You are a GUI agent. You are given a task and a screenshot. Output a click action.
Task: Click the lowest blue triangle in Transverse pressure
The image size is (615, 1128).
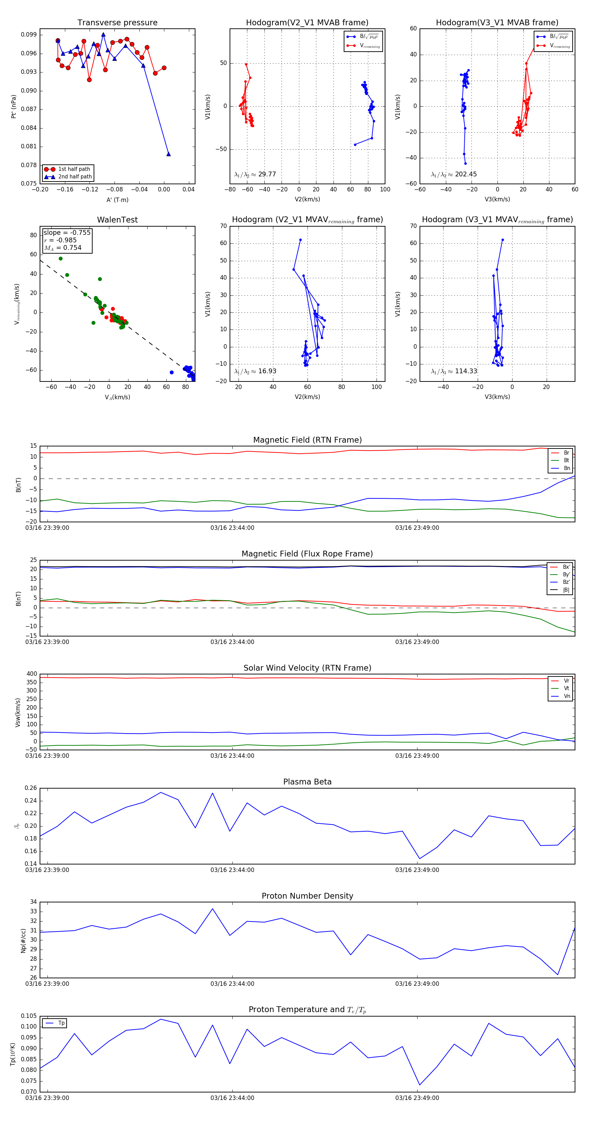point(168,154)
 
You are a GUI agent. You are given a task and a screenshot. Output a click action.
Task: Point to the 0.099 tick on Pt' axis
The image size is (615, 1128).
point(29,35)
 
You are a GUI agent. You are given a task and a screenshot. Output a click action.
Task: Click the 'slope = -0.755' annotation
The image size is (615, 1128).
point(67,232)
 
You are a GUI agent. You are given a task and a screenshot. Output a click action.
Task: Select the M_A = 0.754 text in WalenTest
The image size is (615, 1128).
point(63,248)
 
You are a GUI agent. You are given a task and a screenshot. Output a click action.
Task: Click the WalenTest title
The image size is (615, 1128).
point(117,220)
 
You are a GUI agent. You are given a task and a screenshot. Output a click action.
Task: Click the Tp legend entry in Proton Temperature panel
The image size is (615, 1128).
point(61,1023)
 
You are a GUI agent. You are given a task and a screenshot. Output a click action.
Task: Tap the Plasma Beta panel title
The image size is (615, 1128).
point(307,782)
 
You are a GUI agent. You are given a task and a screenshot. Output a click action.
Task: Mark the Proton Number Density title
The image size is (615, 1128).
point(307,896)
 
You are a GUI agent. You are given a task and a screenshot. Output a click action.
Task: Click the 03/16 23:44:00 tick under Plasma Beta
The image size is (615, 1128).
point(232,870)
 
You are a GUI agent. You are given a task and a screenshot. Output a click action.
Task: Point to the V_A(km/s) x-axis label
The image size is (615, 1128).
point(117,397)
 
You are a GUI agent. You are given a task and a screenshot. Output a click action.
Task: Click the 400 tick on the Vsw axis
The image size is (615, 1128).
point(31,674)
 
